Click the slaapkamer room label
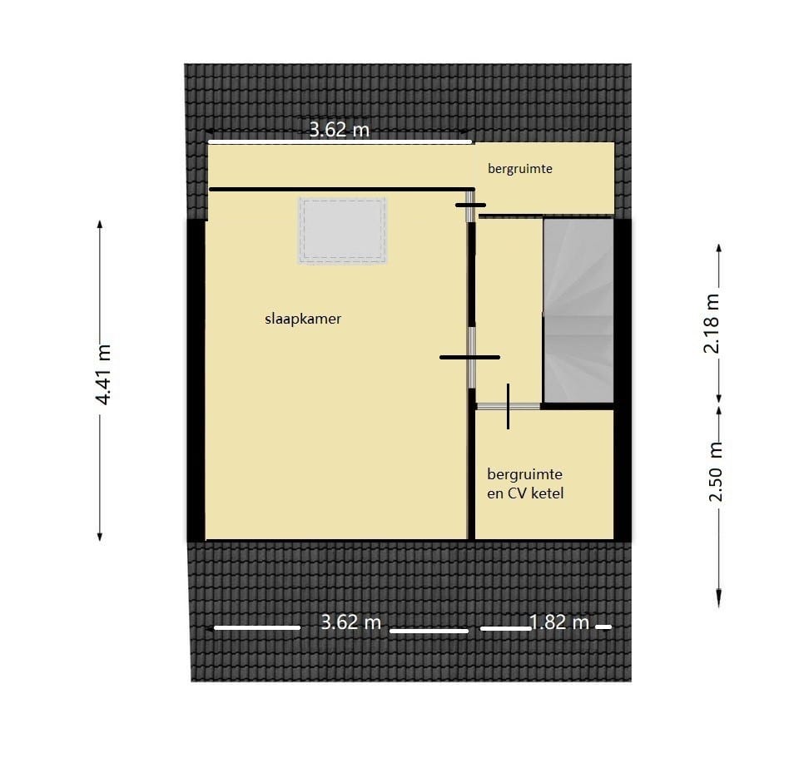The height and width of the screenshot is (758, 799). [x=303, y=318]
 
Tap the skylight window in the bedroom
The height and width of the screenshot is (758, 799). [x=343, y=231]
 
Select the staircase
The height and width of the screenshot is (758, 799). [x=578, y=310]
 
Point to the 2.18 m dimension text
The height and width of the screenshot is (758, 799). [x=712, y=323]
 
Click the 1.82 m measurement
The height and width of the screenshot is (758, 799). [x=558, y=622]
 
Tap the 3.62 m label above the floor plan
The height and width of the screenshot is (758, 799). [x=339, y=129]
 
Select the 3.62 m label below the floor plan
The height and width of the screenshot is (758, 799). [x=350, y=622]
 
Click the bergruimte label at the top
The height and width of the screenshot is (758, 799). [x=520, y=168]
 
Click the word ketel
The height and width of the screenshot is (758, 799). [x=548, y=493]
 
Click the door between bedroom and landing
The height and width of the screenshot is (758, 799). [x=471, y=357]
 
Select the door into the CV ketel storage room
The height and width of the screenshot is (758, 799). [x=508, y=406]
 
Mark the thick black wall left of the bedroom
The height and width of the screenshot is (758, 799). [x=196, y=379]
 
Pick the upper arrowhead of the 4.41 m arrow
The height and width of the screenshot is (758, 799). [x=100, y=225]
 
